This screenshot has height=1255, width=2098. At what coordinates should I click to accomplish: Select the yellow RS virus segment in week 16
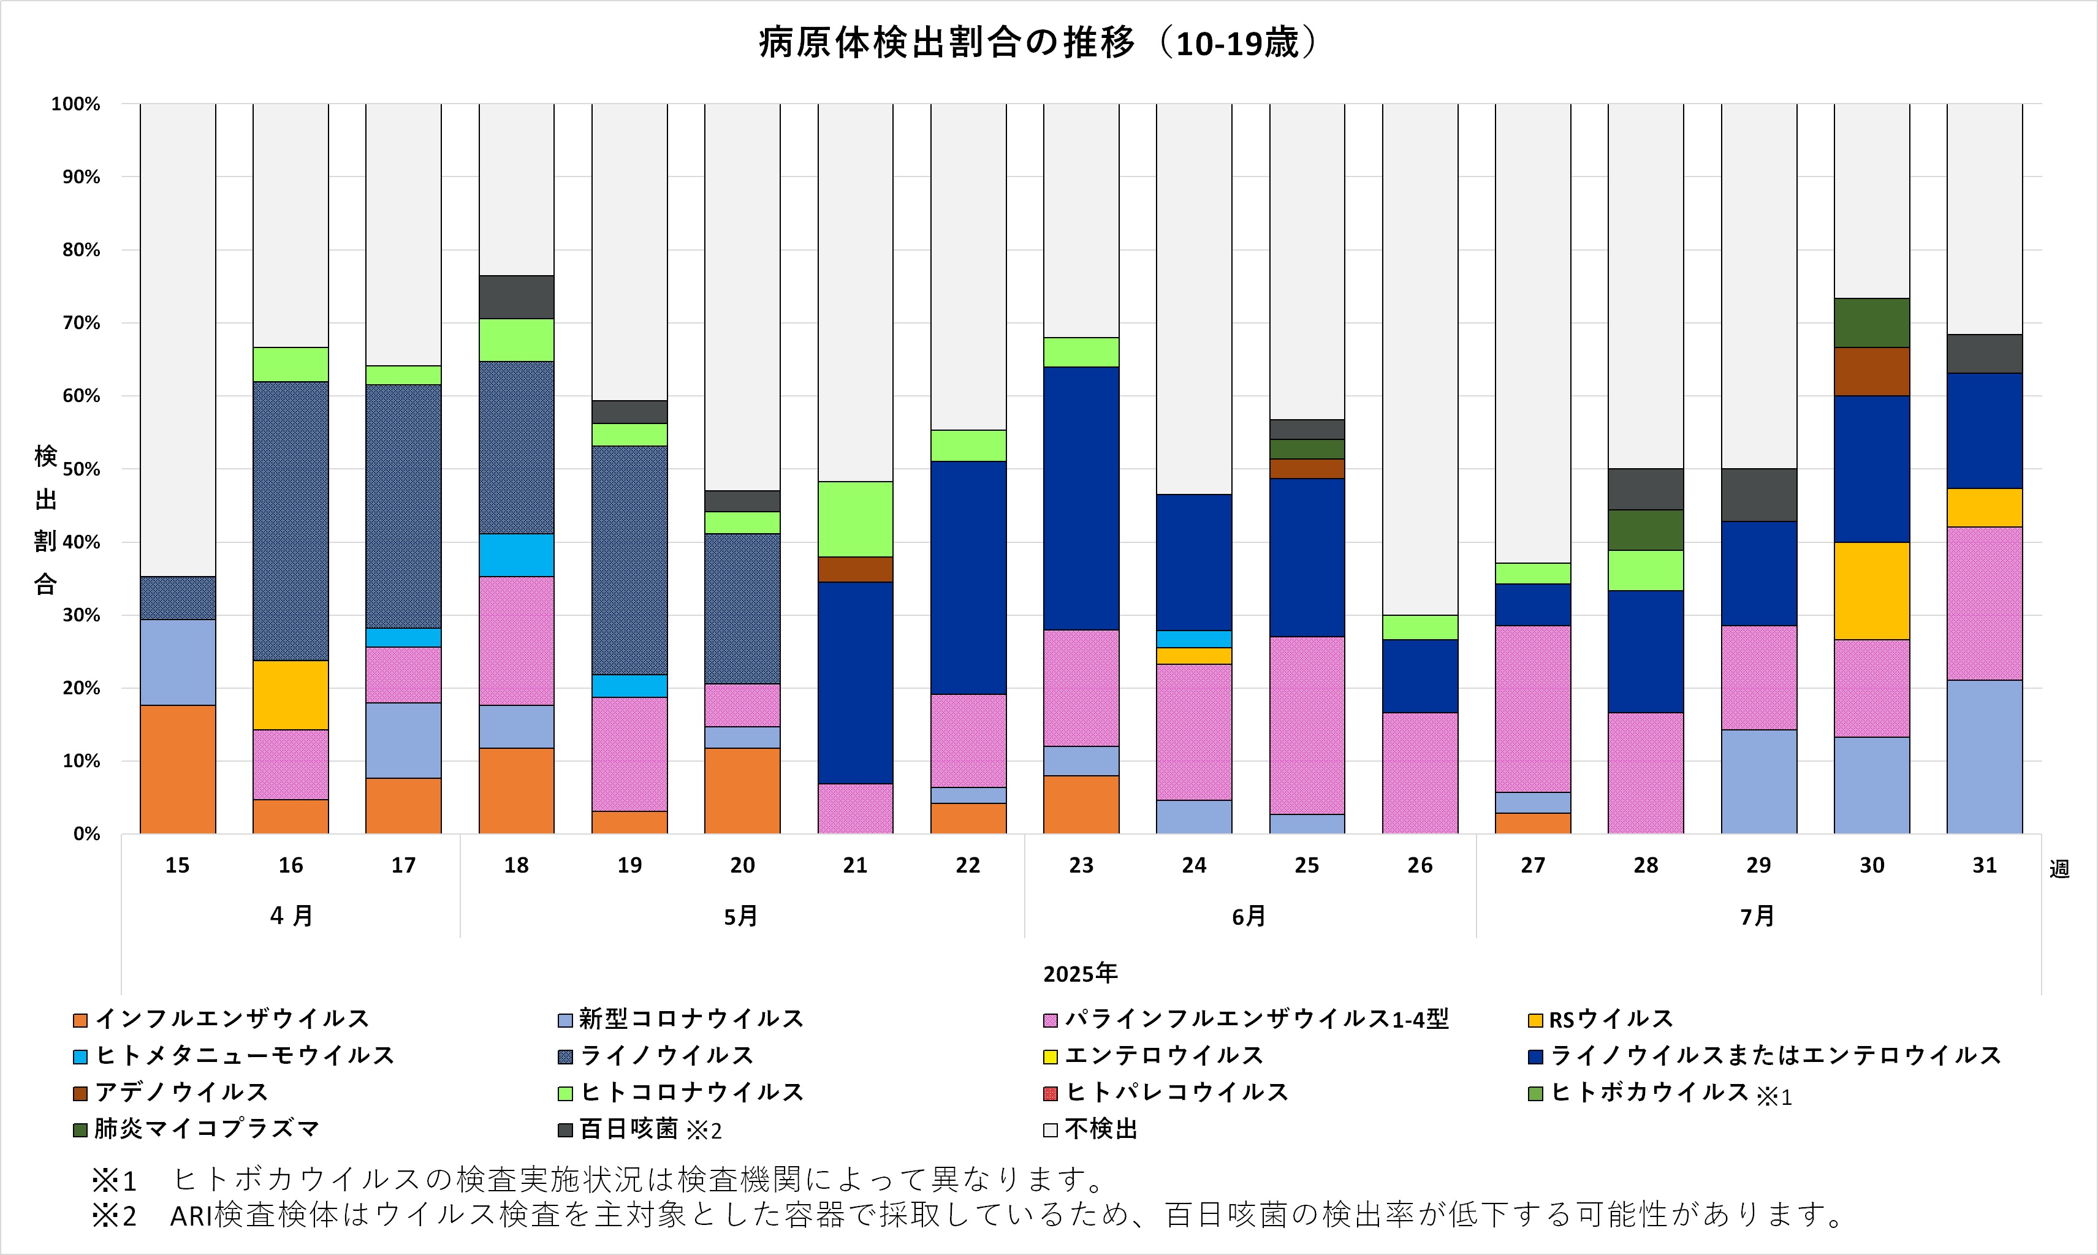tap(290, 694)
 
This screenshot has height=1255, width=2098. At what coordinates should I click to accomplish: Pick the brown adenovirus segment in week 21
tap(855, 569)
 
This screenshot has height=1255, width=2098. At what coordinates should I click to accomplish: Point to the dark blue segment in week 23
tap(1081, 498)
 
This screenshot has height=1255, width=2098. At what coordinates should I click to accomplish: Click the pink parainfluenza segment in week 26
tap(1420, 773)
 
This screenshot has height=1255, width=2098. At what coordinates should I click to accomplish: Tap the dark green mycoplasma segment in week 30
tap(1871, 322)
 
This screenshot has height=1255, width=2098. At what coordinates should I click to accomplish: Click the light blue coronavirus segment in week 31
tap(1984, 756)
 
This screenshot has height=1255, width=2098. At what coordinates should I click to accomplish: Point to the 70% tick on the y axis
tap(81, 323)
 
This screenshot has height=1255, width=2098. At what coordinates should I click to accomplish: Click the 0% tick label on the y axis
tap(86, 835)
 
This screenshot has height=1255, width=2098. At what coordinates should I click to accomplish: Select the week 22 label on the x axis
tap(967, 865)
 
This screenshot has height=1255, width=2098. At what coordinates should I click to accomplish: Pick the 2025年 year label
tap(1080, 973)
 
